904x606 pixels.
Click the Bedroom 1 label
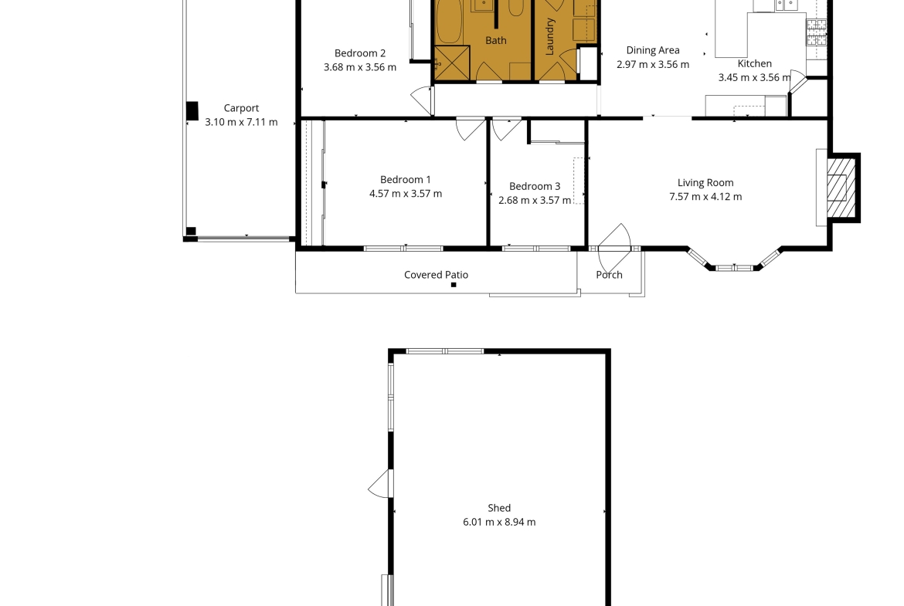pyautogui.click(x=406, y=180)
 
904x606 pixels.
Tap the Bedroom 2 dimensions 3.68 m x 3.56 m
pyautogui.click(x=360, y=67)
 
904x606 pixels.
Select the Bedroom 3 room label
pyautogui.click(x=535, y=186)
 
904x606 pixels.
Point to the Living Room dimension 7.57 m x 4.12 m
pyautogui.click(x=705, y=196)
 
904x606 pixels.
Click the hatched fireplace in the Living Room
pyautogui.click(x=841, y=188)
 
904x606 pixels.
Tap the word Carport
pyautogui.click(x=241, y=108)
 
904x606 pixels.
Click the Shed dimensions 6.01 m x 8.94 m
pyautogui.click(x=498, y=522)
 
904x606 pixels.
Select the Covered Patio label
pyautogui.click(x=436, y=275)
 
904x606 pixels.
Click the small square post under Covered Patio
pyautogui.click(x=454, y=285)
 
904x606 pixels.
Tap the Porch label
pyautogui.click(x=609, y=275)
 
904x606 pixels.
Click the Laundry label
pyautogui.click(x=549, y=36)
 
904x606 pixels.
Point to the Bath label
pyautogui.click(x=496, y=40)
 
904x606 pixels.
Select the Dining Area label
pyautogui.click(x=653, y=50)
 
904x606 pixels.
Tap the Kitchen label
pyautogui.click(x=755, y=63)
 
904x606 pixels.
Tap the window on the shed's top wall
pyautogui.click(x=444, y=351)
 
